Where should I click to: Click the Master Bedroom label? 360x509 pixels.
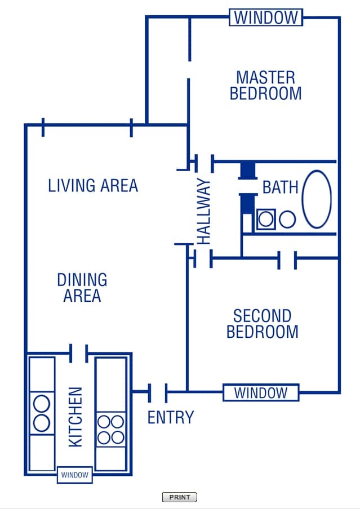pos(265,85)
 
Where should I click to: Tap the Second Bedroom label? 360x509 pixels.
pos(262,324)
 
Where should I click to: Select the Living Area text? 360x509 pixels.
pos(93,185)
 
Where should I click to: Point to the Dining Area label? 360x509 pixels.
pos(82,287)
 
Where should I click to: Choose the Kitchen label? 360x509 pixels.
pos(75,417)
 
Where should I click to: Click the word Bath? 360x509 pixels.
pos(280,187)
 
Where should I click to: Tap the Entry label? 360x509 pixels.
pos(170,417)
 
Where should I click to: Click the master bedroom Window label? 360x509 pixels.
pos(266,17)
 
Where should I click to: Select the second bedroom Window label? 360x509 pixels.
pos(261,392)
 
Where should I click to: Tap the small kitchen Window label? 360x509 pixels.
pos(75,475)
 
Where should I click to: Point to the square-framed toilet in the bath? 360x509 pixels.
pos(266,219)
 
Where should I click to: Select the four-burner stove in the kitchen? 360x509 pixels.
pos(110,430)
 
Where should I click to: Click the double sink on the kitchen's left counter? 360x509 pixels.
pos(42,414)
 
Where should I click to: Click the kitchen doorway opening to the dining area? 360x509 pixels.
pos(78,354)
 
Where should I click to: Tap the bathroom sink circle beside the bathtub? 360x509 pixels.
pos(287,219)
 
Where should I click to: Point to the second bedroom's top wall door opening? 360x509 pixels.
pos(287,260)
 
